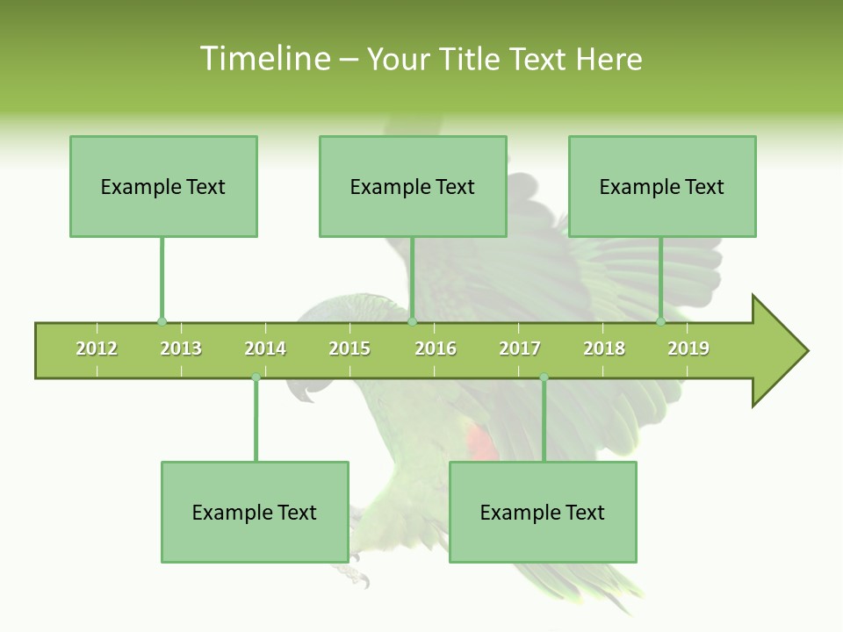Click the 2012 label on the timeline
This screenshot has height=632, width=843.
[97, 348]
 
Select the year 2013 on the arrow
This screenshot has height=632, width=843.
[181, 348]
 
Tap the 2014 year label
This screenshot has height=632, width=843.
[265, 348]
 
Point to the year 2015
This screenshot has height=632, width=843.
[349, 348]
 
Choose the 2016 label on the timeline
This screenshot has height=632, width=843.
[436, 348]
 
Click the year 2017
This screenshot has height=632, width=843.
[520, 348]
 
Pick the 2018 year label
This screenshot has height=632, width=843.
[604, 348]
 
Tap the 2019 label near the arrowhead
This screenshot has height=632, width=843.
[688, 348]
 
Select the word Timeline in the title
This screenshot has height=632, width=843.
[263, 59]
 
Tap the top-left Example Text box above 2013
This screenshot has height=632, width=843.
[163, 186]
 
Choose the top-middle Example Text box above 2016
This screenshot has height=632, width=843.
[413, 186]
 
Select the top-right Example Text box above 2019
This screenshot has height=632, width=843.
[662, 186]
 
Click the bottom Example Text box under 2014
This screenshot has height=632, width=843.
[255, 512]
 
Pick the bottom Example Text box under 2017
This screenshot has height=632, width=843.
[543, 512]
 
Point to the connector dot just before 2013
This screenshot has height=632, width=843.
[162, 322]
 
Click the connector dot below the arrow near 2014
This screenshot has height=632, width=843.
[256, 377]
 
